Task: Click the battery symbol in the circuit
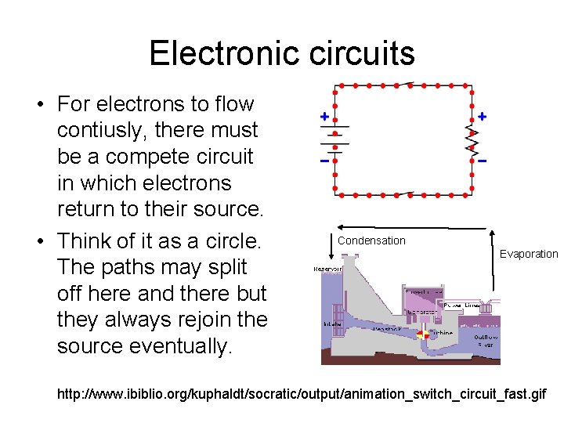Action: [335, 138]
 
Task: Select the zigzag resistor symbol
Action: [472, 138]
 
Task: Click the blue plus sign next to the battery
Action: [324, 116]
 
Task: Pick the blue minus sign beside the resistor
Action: [483, 161]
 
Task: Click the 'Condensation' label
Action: [371, 240]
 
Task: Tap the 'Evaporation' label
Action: [529, 254]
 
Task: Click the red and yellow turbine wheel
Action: [423, 334]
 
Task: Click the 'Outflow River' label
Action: [486, 342]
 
